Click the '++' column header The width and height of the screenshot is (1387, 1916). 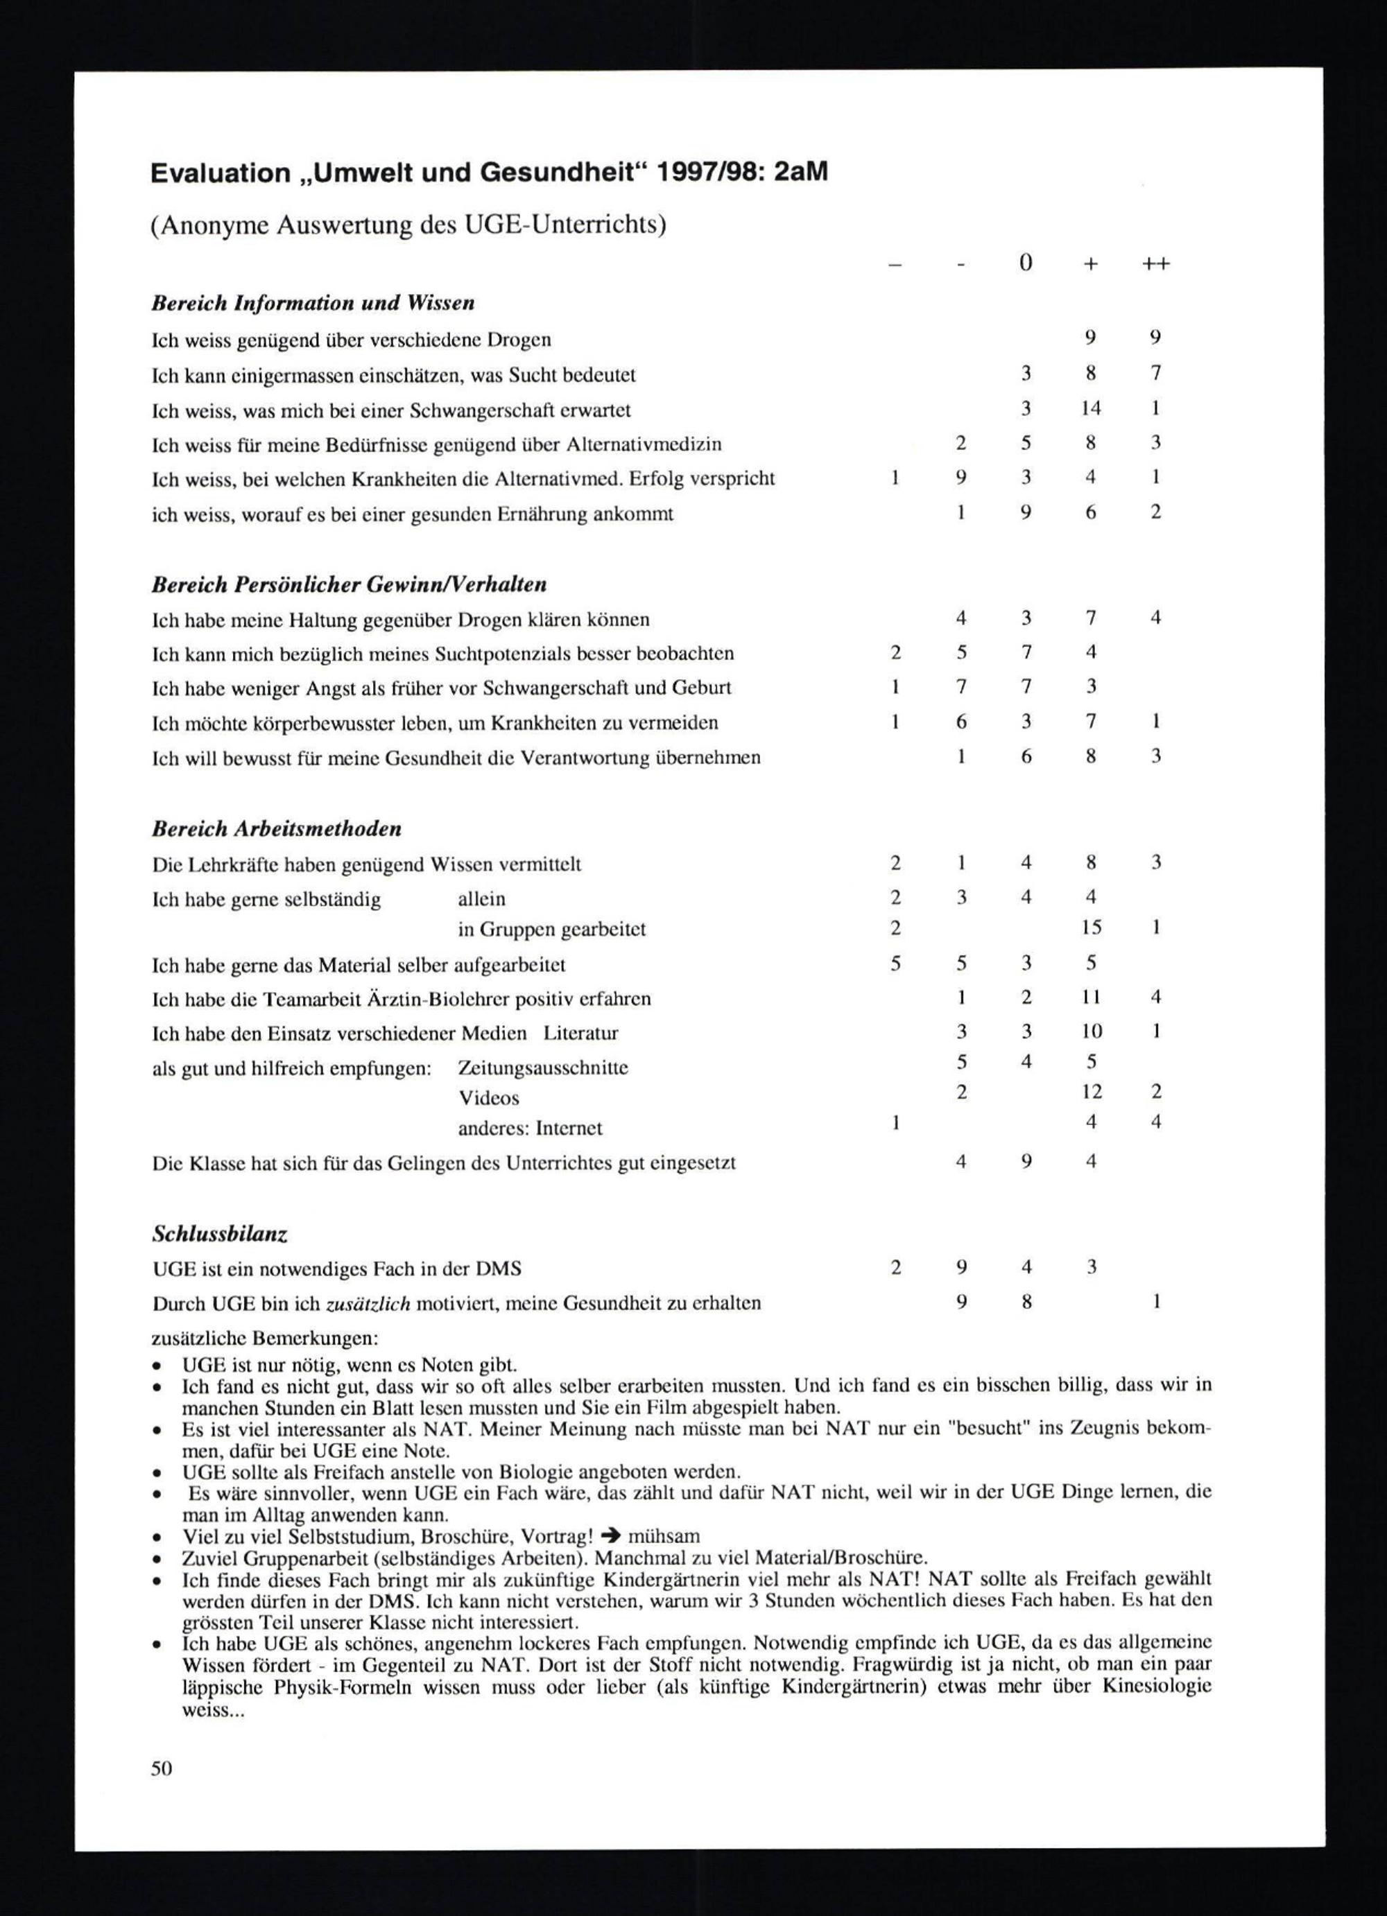(1155, 263)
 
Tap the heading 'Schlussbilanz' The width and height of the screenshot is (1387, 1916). (220, 1235)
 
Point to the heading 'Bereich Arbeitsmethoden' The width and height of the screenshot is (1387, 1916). (277, 829)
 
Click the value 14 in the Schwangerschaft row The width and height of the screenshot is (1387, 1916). (1090, 409)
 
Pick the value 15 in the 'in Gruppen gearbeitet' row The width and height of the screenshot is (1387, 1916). (1090, 927)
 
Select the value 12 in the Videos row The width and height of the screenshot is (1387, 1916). (1091, 1092)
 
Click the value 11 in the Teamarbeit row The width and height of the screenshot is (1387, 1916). (1090, 997)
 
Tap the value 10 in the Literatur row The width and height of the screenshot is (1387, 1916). (1091, 1031)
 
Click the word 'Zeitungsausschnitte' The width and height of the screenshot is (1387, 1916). (542, 1068)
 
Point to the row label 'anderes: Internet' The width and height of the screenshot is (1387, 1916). (530, 1128)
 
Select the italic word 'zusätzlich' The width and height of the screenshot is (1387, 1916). (368, 1303)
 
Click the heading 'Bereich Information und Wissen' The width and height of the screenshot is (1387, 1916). (313, 302)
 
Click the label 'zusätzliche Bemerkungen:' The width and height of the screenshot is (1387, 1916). (264, 1339)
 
